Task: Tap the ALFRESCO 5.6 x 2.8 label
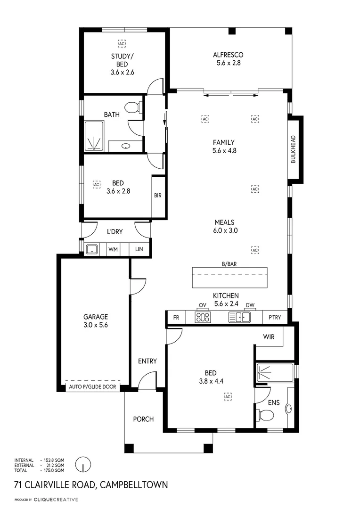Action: pos(228,58)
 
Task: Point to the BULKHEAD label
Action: pos(293,149)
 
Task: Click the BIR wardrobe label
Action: pos(158,196)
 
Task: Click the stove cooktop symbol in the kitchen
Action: pos(203,317)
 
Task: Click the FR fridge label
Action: pos(176,318)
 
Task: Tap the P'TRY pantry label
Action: pos(274,318)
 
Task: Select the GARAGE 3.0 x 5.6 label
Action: pos(96,320)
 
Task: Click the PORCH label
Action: pos(143,419)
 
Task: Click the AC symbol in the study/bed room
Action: pos(122,44)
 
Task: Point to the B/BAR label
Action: pos(230,264)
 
